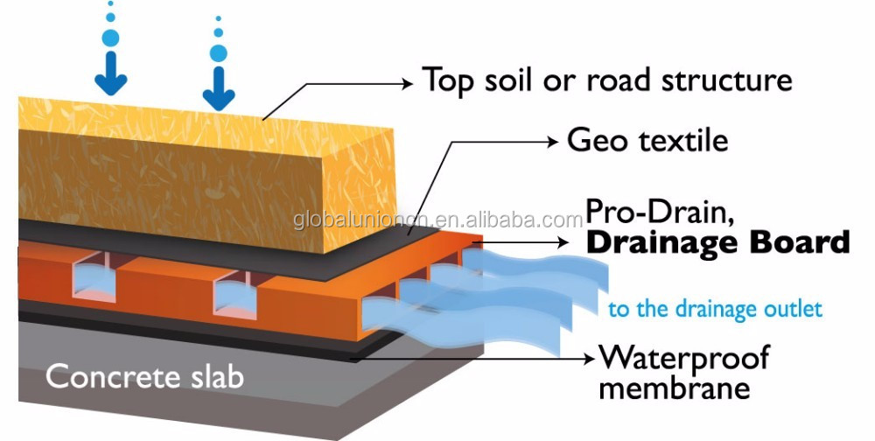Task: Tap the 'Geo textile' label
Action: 647,139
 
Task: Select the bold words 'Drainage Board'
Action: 718,244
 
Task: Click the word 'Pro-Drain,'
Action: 660,213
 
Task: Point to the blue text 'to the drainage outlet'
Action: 716,309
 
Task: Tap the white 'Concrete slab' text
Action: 145,375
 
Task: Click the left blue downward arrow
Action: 111,73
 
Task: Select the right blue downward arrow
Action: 219,88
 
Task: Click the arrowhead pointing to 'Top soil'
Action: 408,84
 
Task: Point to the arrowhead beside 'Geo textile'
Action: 552,142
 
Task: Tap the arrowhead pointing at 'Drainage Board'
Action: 563,243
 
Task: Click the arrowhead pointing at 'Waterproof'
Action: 589,359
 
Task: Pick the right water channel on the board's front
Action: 234,294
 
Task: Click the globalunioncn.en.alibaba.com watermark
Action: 438,220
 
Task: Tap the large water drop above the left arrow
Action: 110,38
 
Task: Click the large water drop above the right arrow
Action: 218,53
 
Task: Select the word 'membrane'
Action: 674,388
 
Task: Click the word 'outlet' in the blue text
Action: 792,309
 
